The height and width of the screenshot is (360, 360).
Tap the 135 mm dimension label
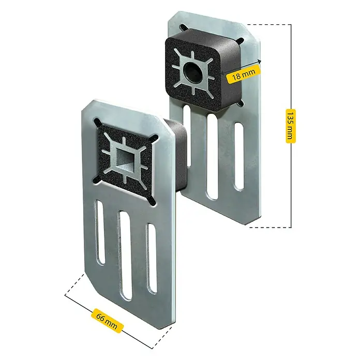click(291, 126)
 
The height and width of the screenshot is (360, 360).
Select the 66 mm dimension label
click(107, 320)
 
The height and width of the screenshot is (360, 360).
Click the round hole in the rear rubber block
click(192, 72)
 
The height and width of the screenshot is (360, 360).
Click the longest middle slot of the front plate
click(126, 256)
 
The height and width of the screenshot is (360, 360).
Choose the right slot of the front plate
click(152, 258)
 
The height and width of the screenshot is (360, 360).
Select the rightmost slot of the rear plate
click(239, 156)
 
